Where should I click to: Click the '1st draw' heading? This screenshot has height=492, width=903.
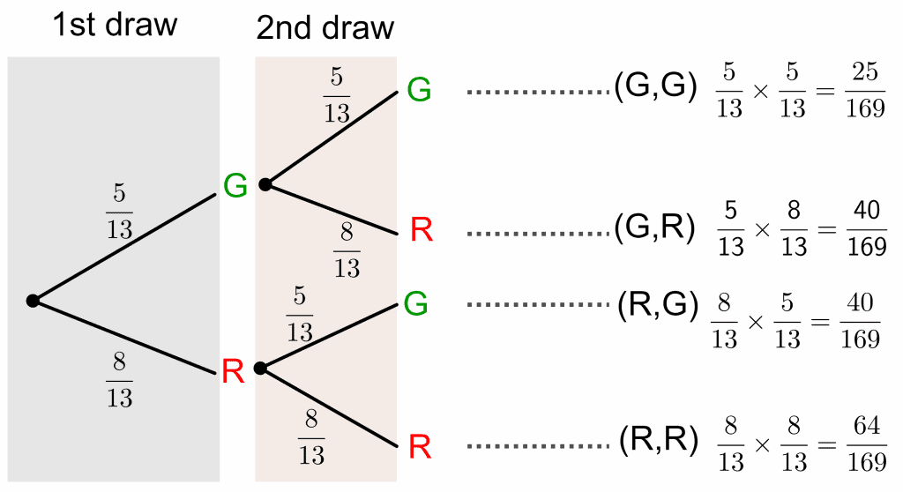point(115,25)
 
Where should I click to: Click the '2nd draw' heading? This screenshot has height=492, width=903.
point(325,28)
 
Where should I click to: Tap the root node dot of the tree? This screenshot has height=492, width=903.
point(33,301)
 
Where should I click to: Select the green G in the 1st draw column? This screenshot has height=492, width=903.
point(235,184)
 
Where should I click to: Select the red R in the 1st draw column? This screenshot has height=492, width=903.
point(233,372)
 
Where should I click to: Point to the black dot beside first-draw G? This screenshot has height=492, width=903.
point(265,184)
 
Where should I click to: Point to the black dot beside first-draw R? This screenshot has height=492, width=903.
point(260,368)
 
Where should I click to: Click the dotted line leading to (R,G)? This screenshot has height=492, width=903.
point(535,305)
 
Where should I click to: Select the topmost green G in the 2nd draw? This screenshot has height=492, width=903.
point(419,89)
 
